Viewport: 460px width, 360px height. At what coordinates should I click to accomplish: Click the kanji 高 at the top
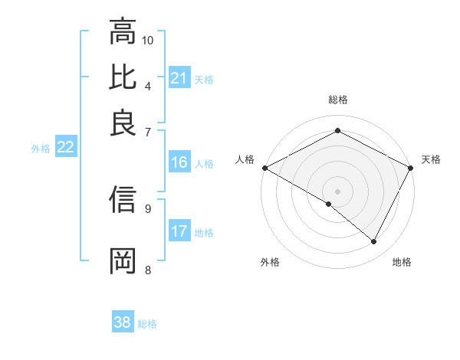pyautogui.click(x=123, y=31)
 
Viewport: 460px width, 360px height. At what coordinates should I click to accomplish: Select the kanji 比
pyautogui.click(x=123, y=77)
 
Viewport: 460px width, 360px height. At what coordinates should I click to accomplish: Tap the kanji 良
pyautogui.click(x=123, y=123)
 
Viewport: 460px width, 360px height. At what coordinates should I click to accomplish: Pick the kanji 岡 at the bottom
pyautogui.click(x=123, y=260)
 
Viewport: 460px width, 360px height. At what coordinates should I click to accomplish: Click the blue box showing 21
pyautogui.click(x=179, y=78)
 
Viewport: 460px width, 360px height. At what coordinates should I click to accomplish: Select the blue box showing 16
pyautogui.click(x=179, y=162)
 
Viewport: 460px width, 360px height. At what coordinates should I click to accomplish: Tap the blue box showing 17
pyautogui.click(x=179, y=231)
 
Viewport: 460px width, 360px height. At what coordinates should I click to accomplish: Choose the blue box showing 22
pyautogui.click(x=65, y=148)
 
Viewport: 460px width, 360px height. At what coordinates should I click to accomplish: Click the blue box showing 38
pyautogui.click(x=122, y=322)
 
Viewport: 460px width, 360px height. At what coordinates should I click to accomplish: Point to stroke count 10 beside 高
pyautogui.click(x=148, y=40)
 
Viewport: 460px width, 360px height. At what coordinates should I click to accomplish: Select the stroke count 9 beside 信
pyautogui.click(x=147, y=208)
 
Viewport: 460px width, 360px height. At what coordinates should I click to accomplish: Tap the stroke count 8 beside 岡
pyautogui.click(x=147, y=269)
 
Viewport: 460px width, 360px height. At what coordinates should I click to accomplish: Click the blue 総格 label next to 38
pyautogui.click(x=147, y=324)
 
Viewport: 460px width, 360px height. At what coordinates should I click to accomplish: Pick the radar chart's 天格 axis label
pyautogui.click(x=431, y=159)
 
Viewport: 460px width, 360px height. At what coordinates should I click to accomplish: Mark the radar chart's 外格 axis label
pyautogui.click(x=269, y=263)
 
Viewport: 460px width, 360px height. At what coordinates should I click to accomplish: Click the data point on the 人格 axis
pyautogui.click(x=264, y=167)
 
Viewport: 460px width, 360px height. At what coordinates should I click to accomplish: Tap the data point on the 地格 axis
pyautogui.click(x=374, y=242)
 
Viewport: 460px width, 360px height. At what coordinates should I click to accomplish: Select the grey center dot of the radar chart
pyautogui.click(x=337, y=191)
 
